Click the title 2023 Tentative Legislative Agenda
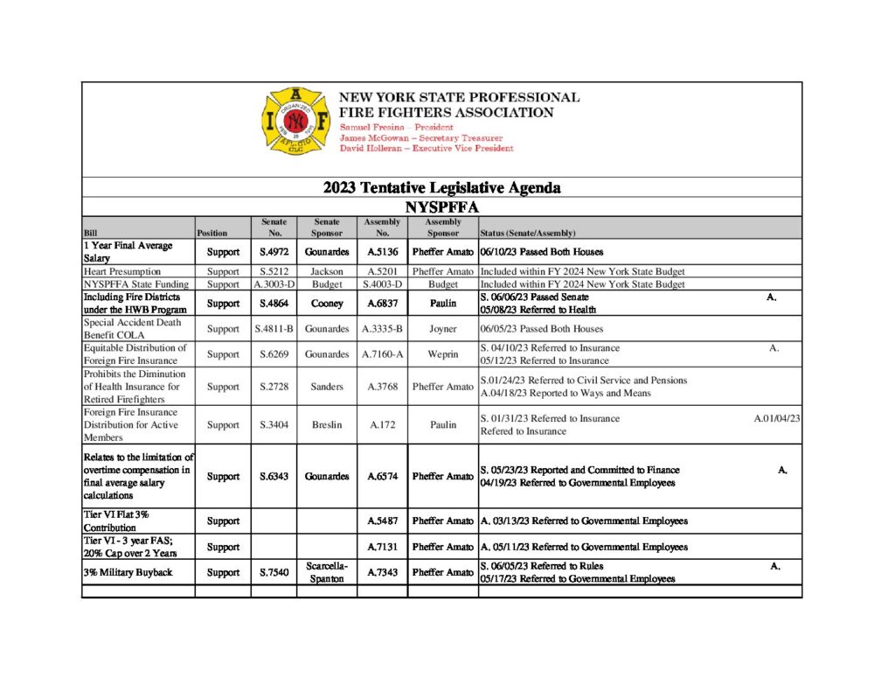pos(441,187)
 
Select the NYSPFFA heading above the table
pos(441,206)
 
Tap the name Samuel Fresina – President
pos(396,128)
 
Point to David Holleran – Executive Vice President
pos(426,149)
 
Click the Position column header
pos(212,234)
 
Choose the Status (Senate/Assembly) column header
pos(528,234)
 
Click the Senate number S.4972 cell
pos(274,252)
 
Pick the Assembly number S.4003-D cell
pos(382,284)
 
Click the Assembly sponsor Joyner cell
pos(442,329)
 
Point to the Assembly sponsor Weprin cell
pos(442,354)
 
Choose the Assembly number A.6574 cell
pos(382,477)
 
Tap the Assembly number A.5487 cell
pos(382,521)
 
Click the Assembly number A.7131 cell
pos(382,548)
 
